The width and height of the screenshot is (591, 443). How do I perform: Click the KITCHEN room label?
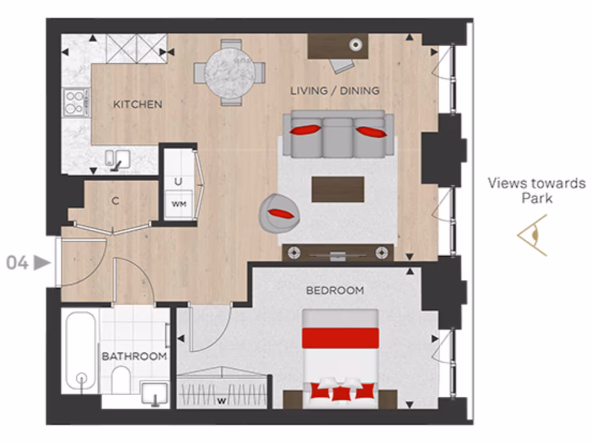(137, 104)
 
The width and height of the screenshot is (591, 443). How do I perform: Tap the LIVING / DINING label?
(335, 91)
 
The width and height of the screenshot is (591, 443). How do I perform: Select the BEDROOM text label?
(335, 290)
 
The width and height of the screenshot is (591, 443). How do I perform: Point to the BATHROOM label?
(134, 356)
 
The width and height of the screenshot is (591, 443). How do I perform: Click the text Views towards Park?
(536, 191)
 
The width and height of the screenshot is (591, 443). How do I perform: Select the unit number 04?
(17, 263)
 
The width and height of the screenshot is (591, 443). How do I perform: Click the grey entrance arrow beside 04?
(42, 263)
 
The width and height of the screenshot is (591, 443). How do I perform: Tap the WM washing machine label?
(178, 204)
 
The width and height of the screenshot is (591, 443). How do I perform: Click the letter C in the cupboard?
(115, 201)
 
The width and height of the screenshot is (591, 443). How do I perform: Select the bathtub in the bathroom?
(80, 352)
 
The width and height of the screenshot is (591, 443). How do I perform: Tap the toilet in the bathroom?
(122, 380)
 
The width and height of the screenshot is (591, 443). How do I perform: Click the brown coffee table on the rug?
(338, 189)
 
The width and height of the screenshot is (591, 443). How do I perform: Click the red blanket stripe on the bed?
(340, 337)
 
